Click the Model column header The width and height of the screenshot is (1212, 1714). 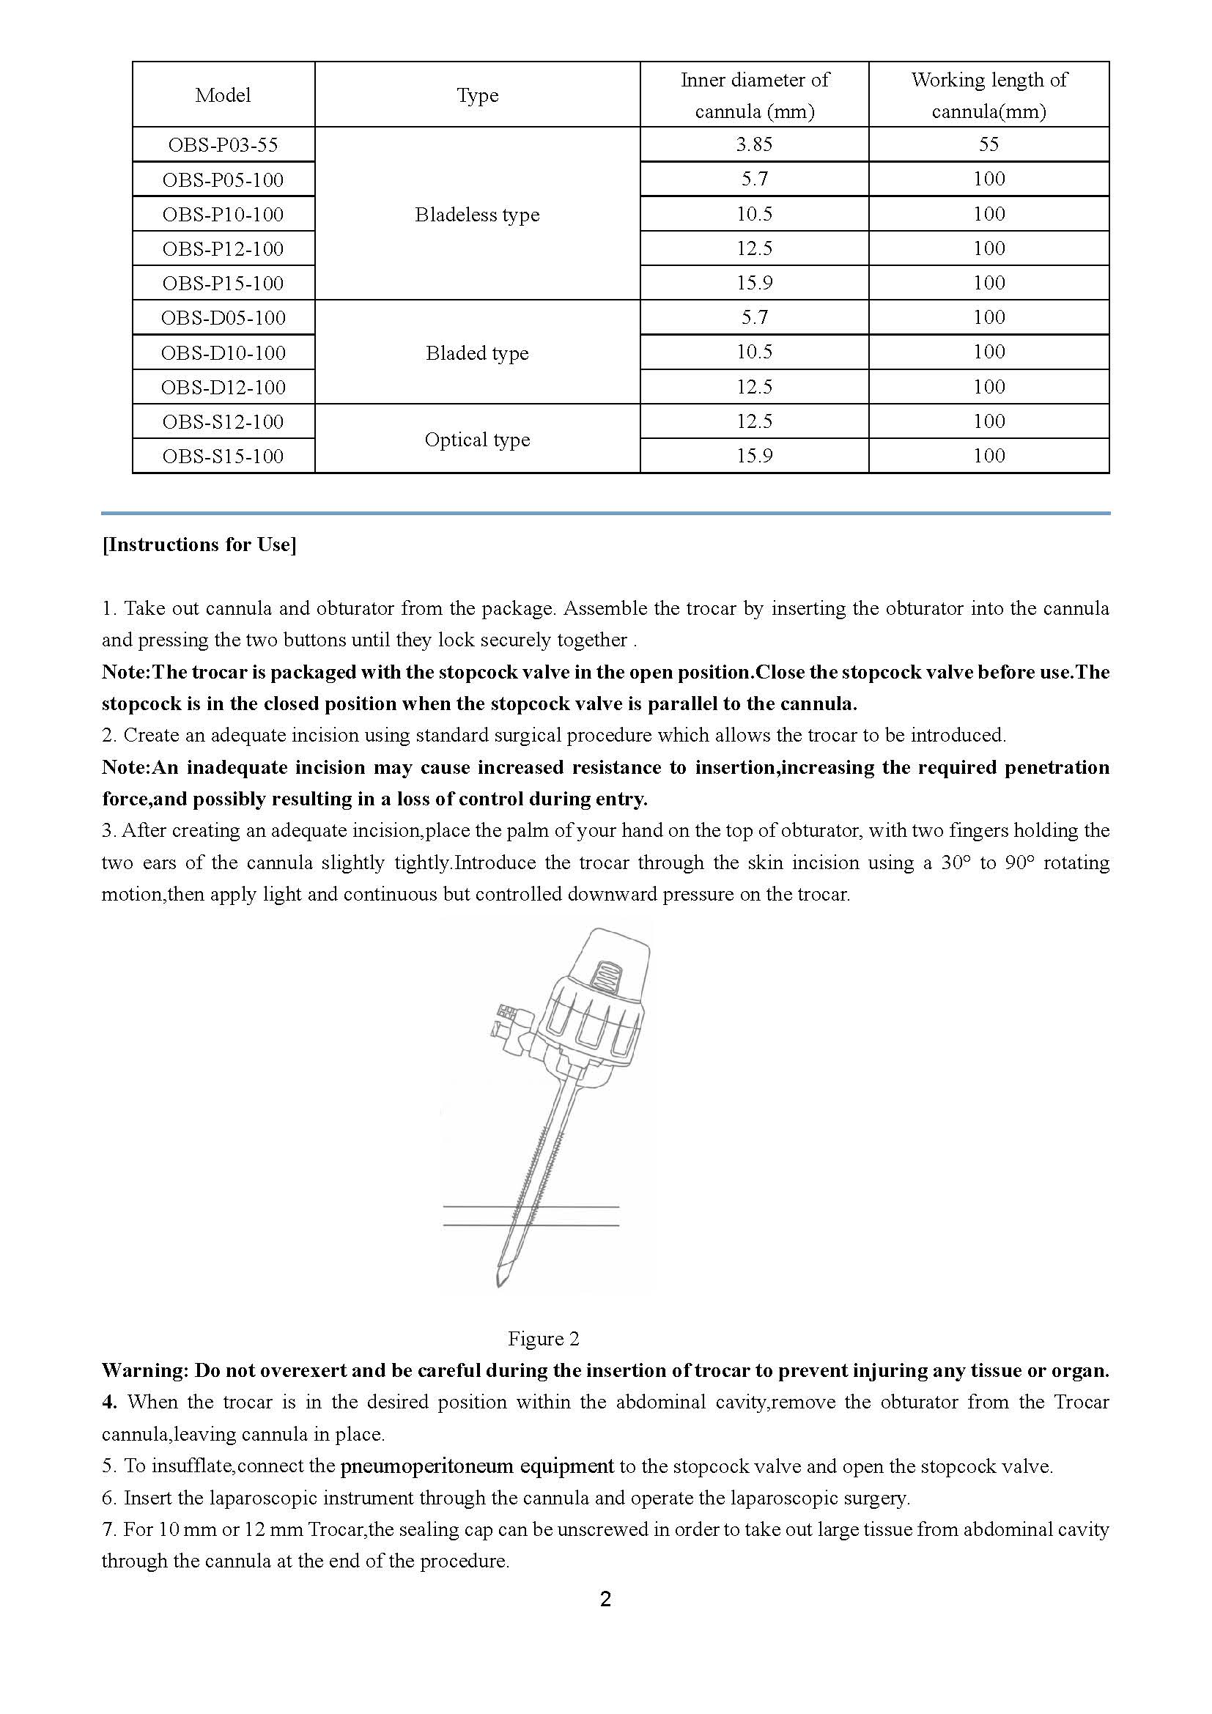coord(223,95)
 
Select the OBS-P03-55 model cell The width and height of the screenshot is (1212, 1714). coord(223,144)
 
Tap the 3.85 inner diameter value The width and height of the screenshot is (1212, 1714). coord(754,144)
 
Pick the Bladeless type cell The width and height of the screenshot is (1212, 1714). coord(477,215)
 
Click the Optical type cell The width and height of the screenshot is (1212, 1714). coord(477,440)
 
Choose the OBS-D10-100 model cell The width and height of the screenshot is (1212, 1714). coord(223,352)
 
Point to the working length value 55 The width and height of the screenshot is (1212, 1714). coord(988,144)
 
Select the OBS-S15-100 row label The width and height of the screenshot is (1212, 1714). coord(223,456)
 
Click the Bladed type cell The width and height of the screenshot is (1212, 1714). coord(477,353)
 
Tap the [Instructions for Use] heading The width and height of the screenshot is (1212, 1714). coord(199,545)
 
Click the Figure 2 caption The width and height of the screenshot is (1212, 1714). coord(543,1339)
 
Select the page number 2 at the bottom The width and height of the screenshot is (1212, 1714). coord(605,1599)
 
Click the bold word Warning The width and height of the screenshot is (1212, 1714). coord(145,1370)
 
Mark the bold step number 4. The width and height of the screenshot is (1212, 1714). coord(110,1402)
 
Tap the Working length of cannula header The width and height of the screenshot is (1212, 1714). coord(988,95)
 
